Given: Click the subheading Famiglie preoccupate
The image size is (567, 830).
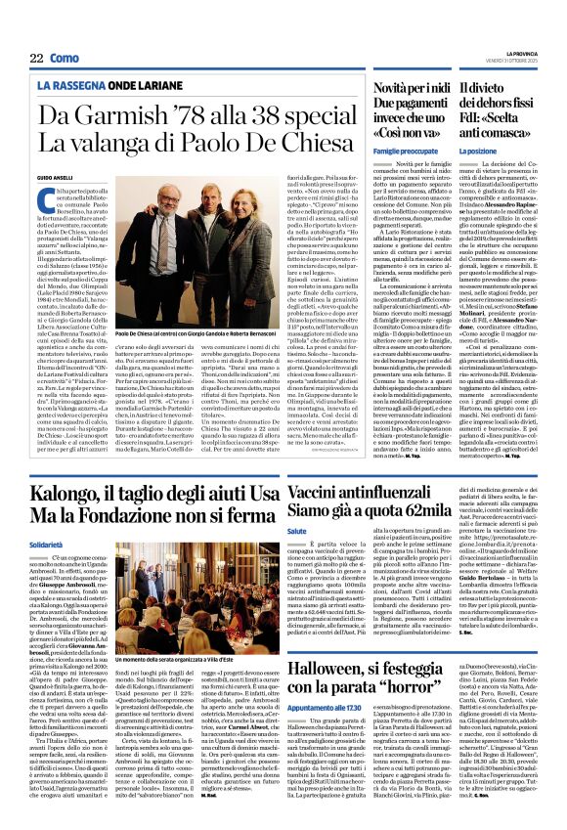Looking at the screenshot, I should click(x=400, y=153).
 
